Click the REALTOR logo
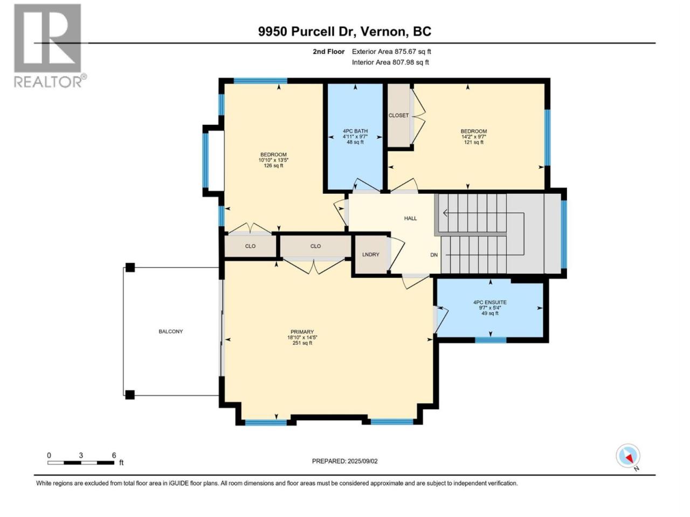pyautogui.click(x=50, y=46)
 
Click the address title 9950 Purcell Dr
pyautogui.click(x=307, y=32)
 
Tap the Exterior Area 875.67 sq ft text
pyautogui.click(x=391, y=52)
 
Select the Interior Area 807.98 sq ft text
pyautogui.click(x=390, y=62)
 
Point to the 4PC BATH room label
pyautogui.click(x=355, y=131)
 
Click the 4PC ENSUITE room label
pyautogui.click(x=490, y=302)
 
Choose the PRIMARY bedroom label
pyautogui.click(x=302, y=332)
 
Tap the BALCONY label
pyautogui.click(x=171, y=331)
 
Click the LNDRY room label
pyautogui.click(x=371, y=254)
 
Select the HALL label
pyautogui.click(x=410, y=218)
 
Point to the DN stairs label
pyautogui.click(x=434, y=255)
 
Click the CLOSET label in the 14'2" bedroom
pyautogui.click(x=398, y=115)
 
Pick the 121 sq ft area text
pyautogui.click(x=474, y=142)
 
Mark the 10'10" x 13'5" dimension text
pyautogui.click(x=273, y=160)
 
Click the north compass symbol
pyautogui.click(x=628, y=456)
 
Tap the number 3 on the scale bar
pyautogui.click(x=81, y=455)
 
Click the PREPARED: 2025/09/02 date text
pyautogui.click(x=345, y=461)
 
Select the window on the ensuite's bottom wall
pyautogui.click(x=491, y=340)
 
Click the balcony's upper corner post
pyautogui.click(x=130, y=268)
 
